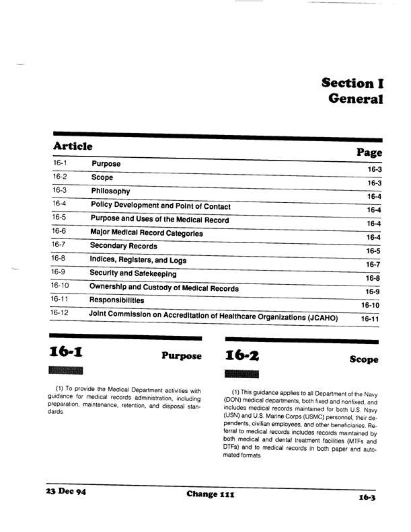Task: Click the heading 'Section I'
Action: (x=352, y=84)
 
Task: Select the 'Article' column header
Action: (x=73, y=146)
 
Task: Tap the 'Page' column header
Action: (x=369, y=154)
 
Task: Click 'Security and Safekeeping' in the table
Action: (x=133, y=274)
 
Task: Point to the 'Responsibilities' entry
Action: (x=117, y=301)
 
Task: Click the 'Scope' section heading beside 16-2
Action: (x=364, y=360)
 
